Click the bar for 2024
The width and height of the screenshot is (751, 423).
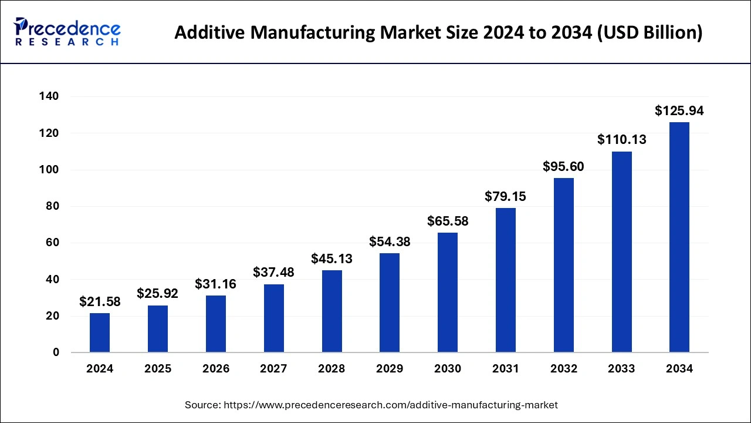100,333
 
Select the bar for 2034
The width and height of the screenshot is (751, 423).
679,237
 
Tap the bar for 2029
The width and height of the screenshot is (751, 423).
390,303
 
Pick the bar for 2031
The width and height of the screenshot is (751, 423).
506,280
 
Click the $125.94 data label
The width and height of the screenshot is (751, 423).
679,110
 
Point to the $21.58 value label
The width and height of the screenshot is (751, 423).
100,302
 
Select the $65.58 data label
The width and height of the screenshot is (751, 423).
448,221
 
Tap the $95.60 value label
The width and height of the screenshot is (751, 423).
563,166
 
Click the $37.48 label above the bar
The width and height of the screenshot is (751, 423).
273,273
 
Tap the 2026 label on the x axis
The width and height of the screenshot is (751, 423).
216,369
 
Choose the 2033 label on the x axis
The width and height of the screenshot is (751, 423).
621,369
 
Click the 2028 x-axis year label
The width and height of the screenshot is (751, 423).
331,369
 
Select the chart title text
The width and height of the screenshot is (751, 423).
438,32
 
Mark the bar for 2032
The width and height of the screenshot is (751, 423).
563,265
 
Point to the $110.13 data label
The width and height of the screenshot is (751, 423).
621,140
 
